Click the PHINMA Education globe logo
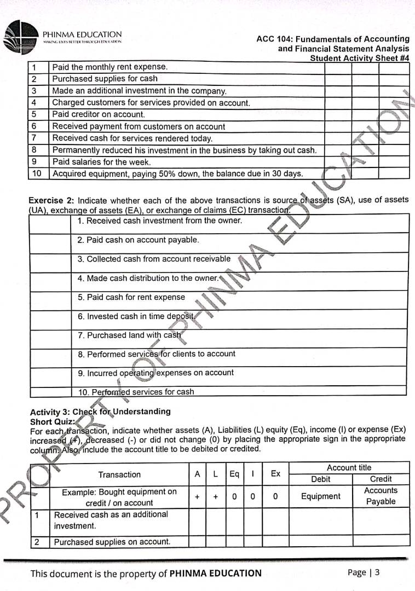tap(21, 37)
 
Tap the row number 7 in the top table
tap(34, 138)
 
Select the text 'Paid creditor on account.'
tap(99, 114)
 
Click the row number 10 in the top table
tap(37, 173)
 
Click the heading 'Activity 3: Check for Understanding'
tap(100, 412)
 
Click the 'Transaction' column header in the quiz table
tap(119, 474)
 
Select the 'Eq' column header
tap(234, 474)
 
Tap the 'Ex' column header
tap(275, 474)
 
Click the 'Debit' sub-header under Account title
tap(320, 479)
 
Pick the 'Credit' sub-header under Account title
tap(381, 479)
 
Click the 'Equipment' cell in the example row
tap(320, 496)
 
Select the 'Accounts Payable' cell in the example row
tap(381, 496)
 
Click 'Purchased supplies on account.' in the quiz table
tap(112, 542)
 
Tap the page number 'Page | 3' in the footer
tap(364, 572)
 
